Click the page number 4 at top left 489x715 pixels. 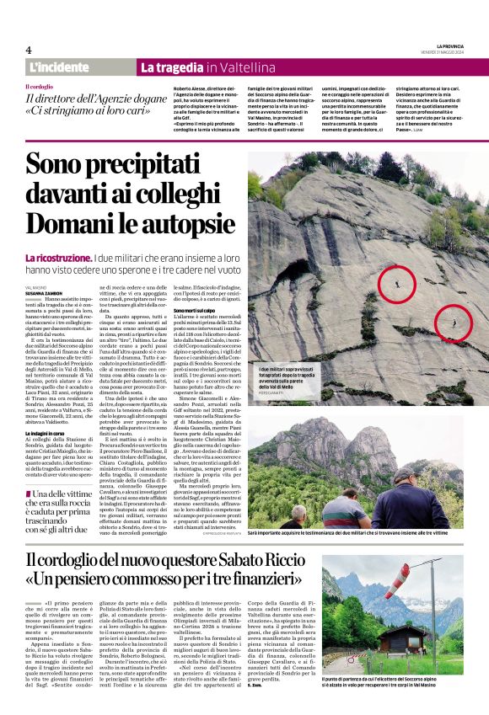pyautogui.click(x=29, y=50)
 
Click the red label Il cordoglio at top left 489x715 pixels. pyautogui.click(x=40, y=87)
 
